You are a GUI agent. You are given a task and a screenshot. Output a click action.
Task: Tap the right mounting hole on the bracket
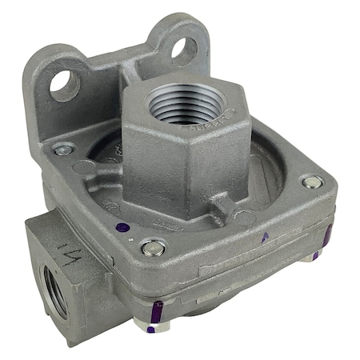point(183,50)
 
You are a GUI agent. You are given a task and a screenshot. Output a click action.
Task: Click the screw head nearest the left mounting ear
point(62,150)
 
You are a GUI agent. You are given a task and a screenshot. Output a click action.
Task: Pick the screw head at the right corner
point(313,182)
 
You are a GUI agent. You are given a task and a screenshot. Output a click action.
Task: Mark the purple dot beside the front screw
point(121,228)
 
